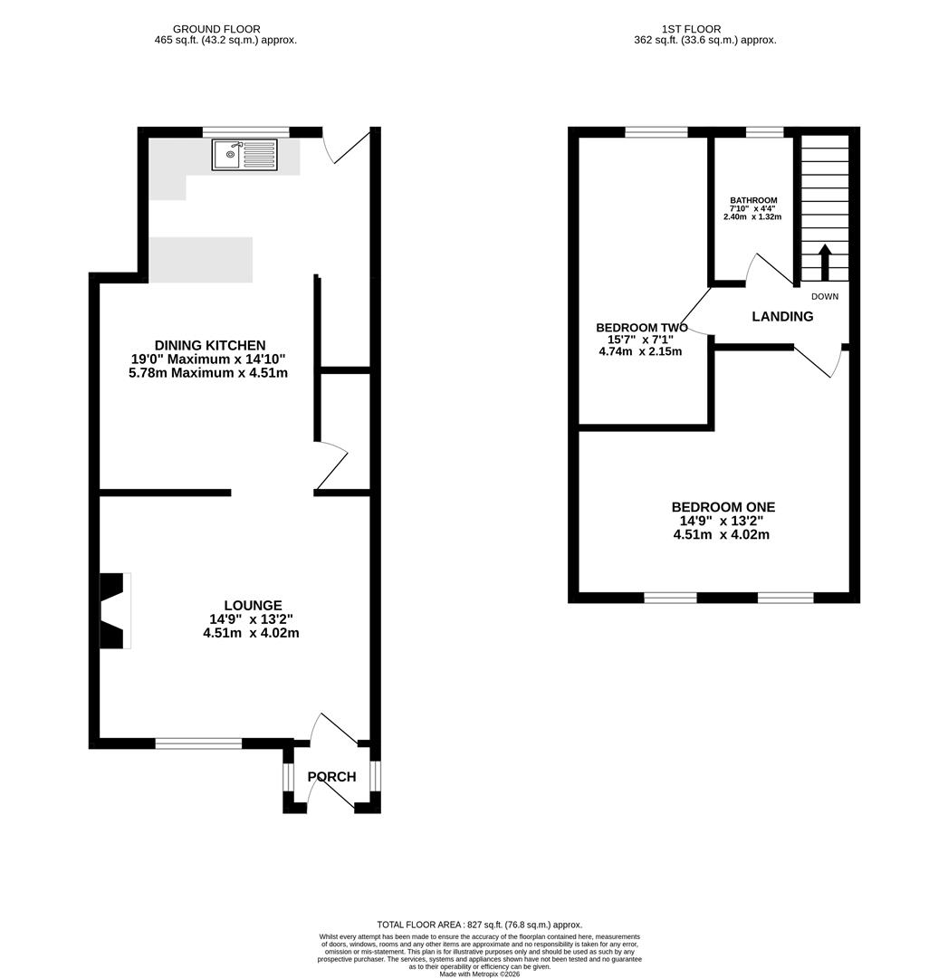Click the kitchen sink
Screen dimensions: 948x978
244,155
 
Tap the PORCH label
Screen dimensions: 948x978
331,777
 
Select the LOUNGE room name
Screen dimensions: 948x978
254,605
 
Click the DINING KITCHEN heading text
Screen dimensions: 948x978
210,345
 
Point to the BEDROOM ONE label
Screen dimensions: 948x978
723,507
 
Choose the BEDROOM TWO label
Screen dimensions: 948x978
642,328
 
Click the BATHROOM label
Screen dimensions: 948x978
753,200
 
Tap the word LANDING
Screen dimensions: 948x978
782,316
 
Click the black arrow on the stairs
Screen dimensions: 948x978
825,262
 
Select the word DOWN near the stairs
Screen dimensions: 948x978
825,296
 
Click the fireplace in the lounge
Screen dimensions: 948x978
115,610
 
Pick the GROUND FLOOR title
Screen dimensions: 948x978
216,29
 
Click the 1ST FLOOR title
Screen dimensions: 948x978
691,29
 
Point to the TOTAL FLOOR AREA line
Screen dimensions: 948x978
480,925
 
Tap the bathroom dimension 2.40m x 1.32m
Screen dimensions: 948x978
752,216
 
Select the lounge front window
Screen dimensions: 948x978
198,743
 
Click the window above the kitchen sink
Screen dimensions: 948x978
246,131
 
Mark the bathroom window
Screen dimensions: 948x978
764,131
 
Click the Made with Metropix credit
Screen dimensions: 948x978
480,973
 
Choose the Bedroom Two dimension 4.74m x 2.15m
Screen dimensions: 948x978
640,351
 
